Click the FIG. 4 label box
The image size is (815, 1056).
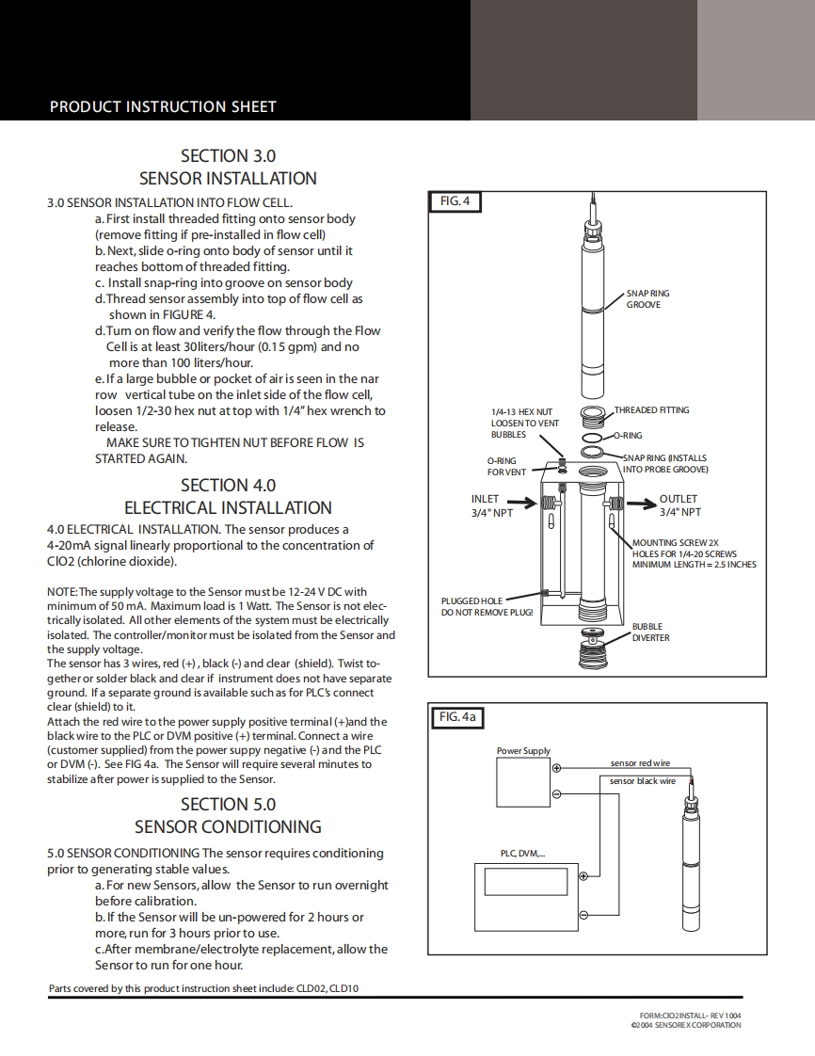[x=455, y=200]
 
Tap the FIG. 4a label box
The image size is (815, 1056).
[x=458, y=717]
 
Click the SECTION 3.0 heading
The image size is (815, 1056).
[x=228, y=155]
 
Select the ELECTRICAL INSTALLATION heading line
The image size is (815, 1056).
[x=228, y=508]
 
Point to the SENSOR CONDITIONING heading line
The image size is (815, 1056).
[x=228, y=827]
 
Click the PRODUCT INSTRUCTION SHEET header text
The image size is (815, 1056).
[x=163, y=106]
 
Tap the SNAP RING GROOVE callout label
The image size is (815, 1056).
[x=647, y=299]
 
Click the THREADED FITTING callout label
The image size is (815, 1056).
[x=651, y=410]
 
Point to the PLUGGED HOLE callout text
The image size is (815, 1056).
[x=487, y=606]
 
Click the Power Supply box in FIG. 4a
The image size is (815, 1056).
[x=525, y=782]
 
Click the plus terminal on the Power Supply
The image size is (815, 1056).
[x=556, y=768]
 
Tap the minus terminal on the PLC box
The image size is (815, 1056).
[x=583, y=915]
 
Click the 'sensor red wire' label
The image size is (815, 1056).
[x=640, y=763]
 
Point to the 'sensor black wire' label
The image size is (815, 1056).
[x=642, y=781]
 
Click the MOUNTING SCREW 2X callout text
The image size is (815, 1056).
[x=693, y=553]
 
